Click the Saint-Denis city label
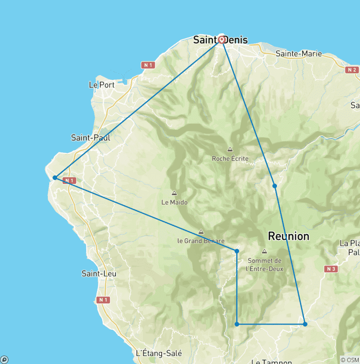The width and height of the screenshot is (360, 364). tap(220, 40)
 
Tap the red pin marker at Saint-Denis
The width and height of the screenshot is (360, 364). tap(222, 39)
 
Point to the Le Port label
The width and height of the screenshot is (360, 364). tap(101, 85)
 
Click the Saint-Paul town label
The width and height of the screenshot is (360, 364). tap(90, 137)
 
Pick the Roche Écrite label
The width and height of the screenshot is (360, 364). tap(230, 159)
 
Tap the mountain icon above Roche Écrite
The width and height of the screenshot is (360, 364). tap(230, 150)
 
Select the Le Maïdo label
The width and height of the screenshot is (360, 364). tap(174, 202)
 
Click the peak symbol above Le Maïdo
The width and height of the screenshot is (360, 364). tap(174, 193)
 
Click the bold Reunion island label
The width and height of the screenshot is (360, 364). tap(288, 236)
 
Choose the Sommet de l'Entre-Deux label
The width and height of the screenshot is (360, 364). tap(264, 265)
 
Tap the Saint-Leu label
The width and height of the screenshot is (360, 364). tap(99, 273)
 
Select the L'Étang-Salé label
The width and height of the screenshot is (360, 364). tap(158, 353)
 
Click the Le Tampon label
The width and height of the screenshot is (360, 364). tap(272, 361)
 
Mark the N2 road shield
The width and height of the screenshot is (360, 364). tap(352, 70)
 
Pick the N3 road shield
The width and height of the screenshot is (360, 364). tap(331, 269)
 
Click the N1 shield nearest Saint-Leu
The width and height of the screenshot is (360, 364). tap(103, 300)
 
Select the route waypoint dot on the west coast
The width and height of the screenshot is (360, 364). tap(55, 177)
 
